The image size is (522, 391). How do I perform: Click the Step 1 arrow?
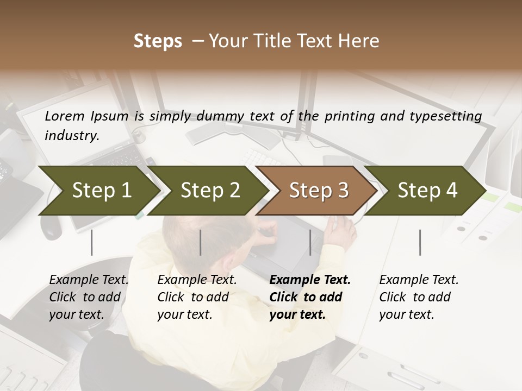(x=101, y=191)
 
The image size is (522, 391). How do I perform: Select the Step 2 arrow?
(x=210, y=191)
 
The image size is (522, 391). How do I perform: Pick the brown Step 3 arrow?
(x=319, y=191)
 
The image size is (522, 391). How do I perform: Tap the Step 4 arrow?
(x=427, y=191)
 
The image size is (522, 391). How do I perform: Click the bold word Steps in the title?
(x=158, y=41)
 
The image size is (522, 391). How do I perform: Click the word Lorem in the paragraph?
(x=64, y=116)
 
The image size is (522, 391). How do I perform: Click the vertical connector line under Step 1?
(x=92, y=242)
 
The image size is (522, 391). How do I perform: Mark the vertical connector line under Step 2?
(x=201, y=242)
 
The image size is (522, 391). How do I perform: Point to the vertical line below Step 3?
(x=310, y=242)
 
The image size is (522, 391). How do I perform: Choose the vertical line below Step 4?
(x=420, y=242)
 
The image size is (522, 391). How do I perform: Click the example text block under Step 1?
(x=89, y=297)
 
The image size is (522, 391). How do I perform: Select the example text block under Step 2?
(x=197, y=297)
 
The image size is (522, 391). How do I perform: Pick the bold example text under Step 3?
(x=309, y=297)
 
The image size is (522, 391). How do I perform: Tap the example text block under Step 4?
(x=419, y=297)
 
